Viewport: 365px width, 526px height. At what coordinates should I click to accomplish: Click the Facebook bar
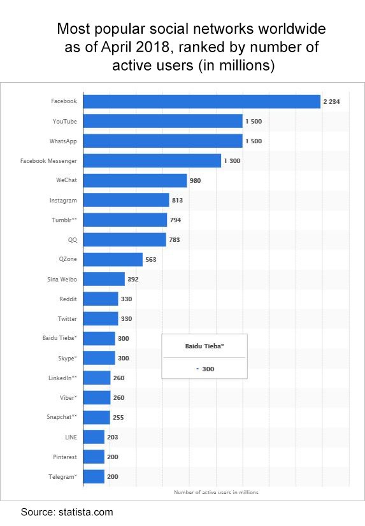(201, 101)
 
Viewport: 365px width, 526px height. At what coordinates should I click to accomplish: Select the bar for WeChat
(135, 180)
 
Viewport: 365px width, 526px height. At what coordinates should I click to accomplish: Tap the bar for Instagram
(126, 200)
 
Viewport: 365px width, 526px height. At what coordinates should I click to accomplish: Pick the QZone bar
(113, 259)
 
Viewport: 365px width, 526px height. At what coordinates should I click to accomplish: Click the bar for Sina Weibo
(104, 279)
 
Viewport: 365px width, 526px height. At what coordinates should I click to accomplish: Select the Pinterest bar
(94, 457)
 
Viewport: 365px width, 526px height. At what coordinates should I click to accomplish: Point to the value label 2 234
(333, 101)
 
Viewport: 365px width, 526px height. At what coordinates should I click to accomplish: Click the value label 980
(195, 180)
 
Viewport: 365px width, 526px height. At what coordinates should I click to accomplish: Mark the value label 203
(112, 437)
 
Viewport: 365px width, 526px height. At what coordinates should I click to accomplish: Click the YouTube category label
(64, 121)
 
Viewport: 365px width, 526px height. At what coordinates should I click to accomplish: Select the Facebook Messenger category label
(48, 160)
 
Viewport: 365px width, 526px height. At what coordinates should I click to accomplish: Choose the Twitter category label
(66, 318)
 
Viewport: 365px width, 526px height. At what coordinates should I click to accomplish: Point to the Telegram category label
(62, 476)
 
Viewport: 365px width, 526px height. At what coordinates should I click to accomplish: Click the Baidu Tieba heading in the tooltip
(204, 346)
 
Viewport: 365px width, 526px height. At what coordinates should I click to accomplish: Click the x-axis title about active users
(216, 492)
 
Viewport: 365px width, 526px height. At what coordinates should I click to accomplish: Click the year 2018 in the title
(161, 47)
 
